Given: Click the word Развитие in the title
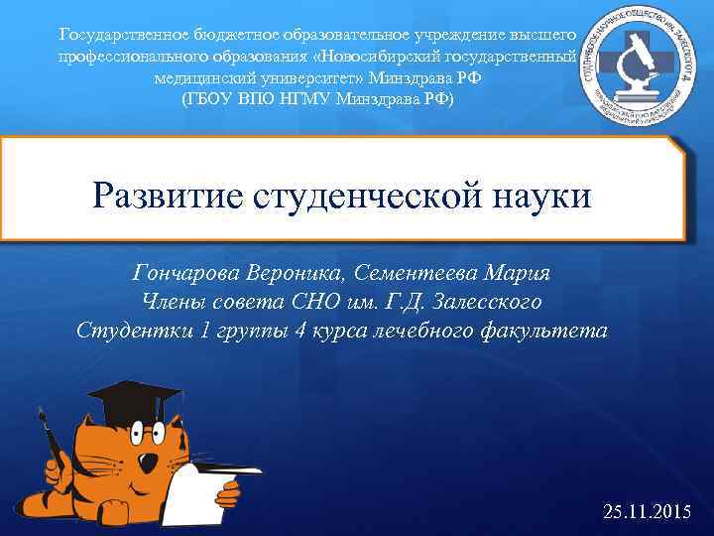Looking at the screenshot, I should pos(164,196).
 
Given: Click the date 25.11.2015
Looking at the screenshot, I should pos(647,512).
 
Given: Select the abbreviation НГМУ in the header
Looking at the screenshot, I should pos(306,99).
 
